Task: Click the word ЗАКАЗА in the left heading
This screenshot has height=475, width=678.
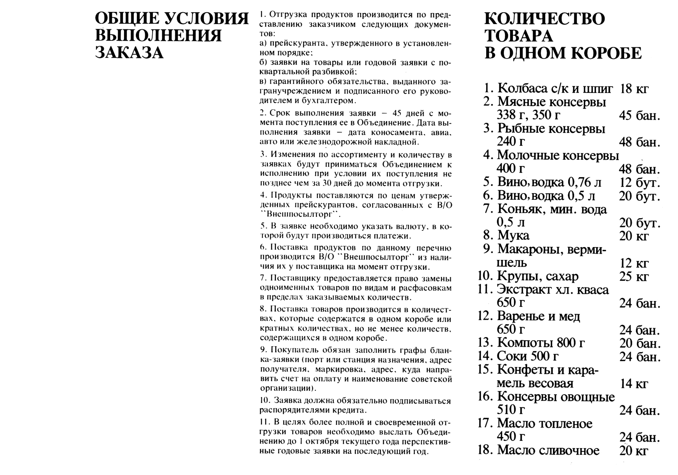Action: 129,53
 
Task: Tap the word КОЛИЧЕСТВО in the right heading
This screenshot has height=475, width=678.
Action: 544,19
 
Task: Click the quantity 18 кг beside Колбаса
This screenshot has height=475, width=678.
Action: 634,89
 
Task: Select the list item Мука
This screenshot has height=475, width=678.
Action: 513,235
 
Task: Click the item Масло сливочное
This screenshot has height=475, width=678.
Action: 548,450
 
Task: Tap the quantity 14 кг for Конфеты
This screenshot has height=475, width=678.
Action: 634,384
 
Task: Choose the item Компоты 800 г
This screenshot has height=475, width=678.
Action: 541,343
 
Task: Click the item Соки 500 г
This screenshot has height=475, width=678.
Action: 527,356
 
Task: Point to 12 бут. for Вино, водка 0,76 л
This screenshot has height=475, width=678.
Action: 640,183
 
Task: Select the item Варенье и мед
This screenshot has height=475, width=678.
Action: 538,316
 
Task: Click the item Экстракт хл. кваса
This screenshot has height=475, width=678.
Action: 553,290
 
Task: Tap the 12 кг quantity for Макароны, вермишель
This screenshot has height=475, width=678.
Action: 634,263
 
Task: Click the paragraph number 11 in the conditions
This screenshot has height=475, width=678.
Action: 264,423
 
